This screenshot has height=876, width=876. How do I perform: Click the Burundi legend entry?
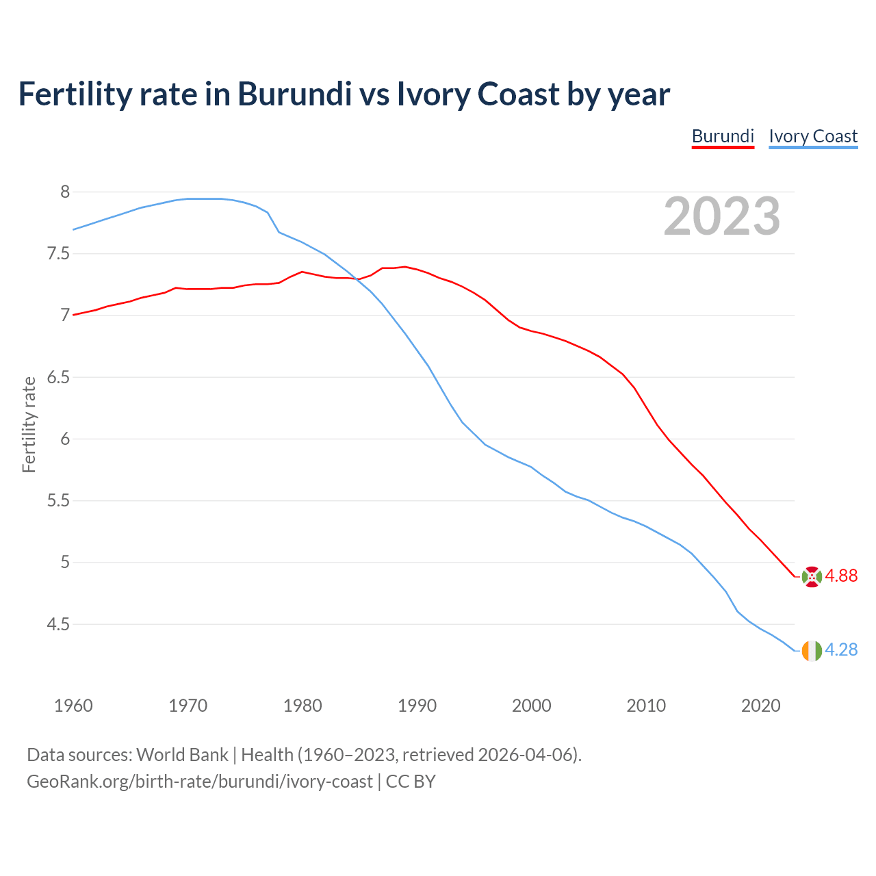click(x=723, y=136)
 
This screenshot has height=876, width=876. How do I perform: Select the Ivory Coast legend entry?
click(x=813, y=136)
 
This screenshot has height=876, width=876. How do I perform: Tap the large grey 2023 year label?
click(x=722, y=216)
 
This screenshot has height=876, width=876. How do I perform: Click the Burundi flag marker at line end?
click(x=812, y=576)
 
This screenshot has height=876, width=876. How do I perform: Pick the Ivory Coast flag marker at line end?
click(x=812, y=650)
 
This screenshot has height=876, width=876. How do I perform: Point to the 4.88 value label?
click(x=841, y=576)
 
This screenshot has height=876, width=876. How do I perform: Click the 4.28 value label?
click(x=841, y=650)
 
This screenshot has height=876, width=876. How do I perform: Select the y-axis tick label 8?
click(x=65, y=192)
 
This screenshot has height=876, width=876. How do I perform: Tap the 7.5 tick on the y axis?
click(x=58, y=254)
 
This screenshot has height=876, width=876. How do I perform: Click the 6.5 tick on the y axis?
click(x=58, y=378)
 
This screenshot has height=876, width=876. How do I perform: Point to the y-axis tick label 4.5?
click(x=58, y=625)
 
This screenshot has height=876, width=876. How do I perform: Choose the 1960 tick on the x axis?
click(x=73, y=706)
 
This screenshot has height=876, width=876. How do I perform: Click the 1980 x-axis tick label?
click(x=302, y=706)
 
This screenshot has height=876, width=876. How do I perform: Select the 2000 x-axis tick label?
click(x=532, y=706)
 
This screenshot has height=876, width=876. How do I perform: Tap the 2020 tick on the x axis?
click(x=761, y=706)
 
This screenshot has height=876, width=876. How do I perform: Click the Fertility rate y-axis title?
click(x=29, y=424)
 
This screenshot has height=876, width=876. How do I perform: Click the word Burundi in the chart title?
click(x=294, y=94)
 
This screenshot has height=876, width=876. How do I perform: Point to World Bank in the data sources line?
click(x=182, y=755)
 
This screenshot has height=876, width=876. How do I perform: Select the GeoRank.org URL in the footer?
click(x=199, y=782)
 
